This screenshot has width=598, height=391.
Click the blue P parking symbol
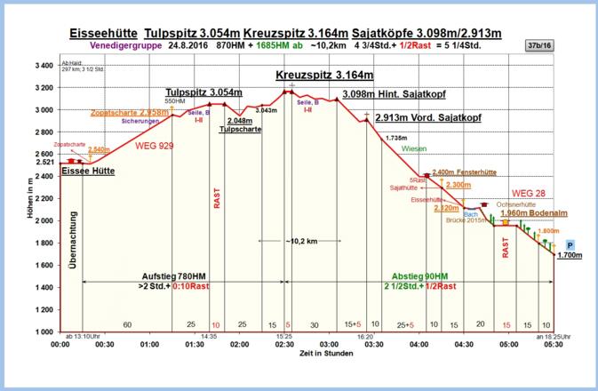click(570, 244)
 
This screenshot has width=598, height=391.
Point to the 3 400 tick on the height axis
click(42, 66)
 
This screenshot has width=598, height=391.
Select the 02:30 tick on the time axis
click(284, 343)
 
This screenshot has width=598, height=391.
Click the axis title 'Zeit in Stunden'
click(307, 355)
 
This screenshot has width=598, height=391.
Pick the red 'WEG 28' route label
click(530, 193)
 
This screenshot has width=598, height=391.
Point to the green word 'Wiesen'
click(414, 148)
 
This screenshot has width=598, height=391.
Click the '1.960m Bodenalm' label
click(534, 213)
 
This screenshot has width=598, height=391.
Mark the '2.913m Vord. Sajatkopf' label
click(428, 116)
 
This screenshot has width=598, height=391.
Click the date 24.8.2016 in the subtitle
click(186, 44)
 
